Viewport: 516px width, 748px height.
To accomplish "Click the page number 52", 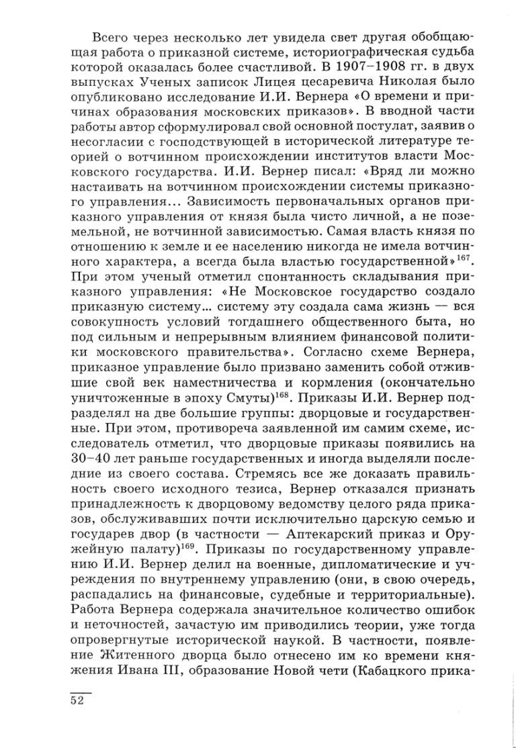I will [79, 700].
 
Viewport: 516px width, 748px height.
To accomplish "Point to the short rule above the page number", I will [79, 690].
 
